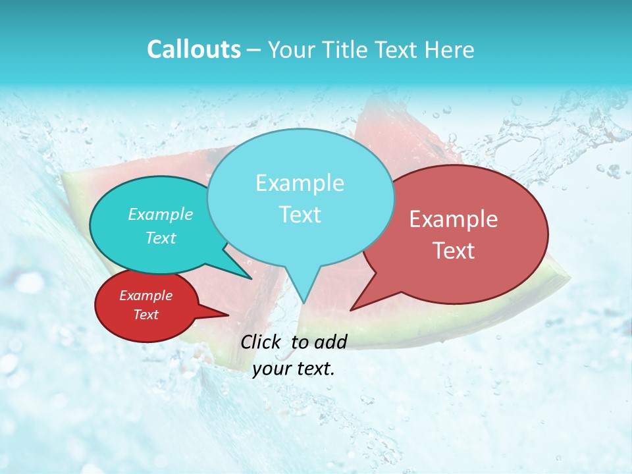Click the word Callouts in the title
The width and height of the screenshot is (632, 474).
(194, 49)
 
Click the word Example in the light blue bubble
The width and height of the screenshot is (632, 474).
(300, 183)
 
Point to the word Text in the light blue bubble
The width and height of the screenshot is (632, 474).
(300, 215)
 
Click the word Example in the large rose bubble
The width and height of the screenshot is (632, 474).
(454, 219)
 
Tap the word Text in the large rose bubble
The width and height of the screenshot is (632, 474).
(454, 251)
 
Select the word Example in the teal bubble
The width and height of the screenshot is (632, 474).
(161, 214)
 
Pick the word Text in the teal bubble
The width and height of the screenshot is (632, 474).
(161, 238)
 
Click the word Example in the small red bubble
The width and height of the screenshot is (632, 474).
(145, 296)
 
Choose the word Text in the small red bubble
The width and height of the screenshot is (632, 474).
(145, 315)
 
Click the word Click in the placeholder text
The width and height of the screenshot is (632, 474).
(261, 342)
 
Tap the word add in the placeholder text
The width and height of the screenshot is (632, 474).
(331, 342)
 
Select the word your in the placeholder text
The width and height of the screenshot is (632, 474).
(269, 369)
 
